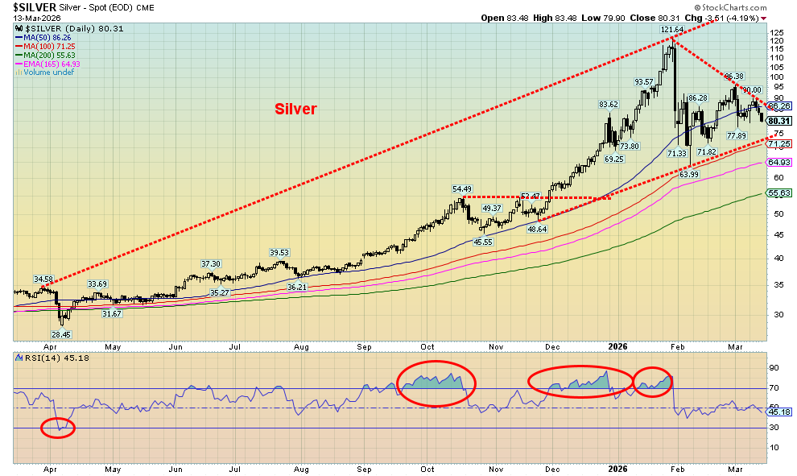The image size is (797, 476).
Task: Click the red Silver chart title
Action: point(295,109)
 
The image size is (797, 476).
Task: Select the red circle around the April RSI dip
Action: point(57,428)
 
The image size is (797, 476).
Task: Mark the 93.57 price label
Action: point(642,81)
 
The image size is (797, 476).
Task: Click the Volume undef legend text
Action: point(45,72)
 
